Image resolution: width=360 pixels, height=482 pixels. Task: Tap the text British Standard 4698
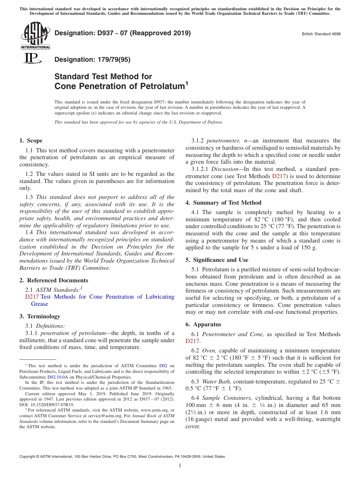321,34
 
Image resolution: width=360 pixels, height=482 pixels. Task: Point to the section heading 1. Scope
31,141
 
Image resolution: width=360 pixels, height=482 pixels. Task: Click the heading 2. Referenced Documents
54,280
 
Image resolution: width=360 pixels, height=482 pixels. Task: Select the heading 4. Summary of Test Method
223,203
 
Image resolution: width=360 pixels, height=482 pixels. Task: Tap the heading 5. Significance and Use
217,260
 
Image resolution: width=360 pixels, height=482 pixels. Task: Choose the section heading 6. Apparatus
203,324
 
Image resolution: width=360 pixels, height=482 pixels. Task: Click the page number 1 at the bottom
180,466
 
